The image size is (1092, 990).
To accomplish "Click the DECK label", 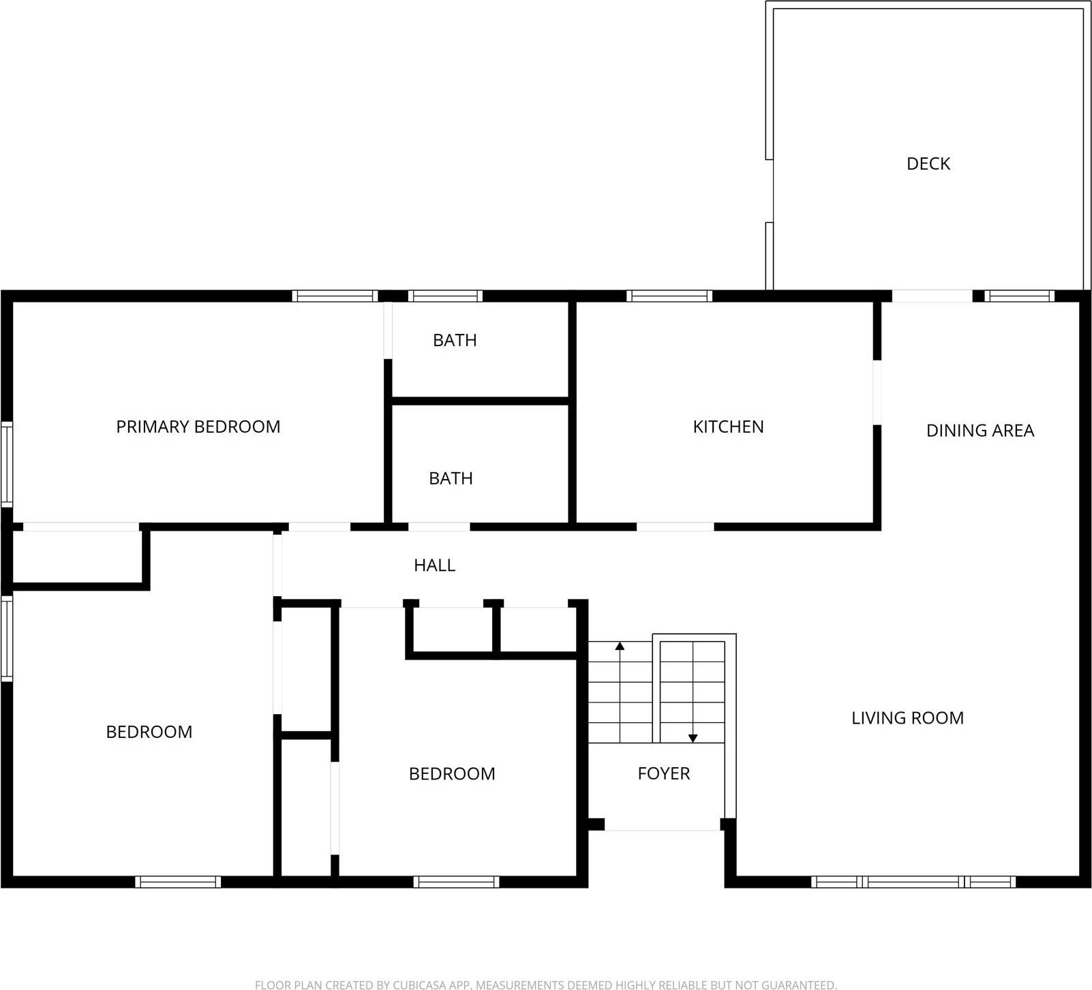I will click(x=928, y=164).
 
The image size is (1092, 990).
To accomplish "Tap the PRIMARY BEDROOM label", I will click(x=198, y=427).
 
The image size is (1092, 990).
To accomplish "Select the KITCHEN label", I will click(x=728, y=427).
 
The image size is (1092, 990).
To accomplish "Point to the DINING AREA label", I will click(x=980, y=431).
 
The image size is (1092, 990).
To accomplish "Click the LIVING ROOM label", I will click(x=907, y=717).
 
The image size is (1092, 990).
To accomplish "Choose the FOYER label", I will click(x=663, y=773).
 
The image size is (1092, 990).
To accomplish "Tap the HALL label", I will click(x=434, y=565).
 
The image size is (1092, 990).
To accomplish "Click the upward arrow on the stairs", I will click(x=620, y=646).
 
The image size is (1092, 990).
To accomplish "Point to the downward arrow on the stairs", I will click(x=693, y=738).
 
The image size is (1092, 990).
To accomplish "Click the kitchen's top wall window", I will click(x=669, y=296).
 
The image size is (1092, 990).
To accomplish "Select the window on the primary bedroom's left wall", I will click(x=6, y=464).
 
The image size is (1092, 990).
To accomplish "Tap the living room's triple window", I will click(x=913, y=882).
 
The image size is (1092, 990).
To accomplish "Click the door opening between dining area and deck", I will click(x=932, y=296).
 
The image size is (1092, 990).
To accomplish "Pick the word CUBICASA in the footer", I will click(x=419, y=985).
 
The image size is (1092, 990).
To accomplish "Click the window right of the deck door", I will click(x=1020, y=296).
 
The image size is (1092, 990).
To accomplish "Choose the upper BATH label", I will click(x=455, y=340).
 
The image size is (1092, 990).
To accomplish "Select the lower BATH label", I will click(x=451, y=478).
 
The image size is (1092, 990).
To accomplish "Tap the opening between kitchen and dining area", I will click(x=877, y=392).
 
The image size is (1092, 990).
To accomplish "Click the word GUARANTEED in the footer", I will click(x=795, y=985).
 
